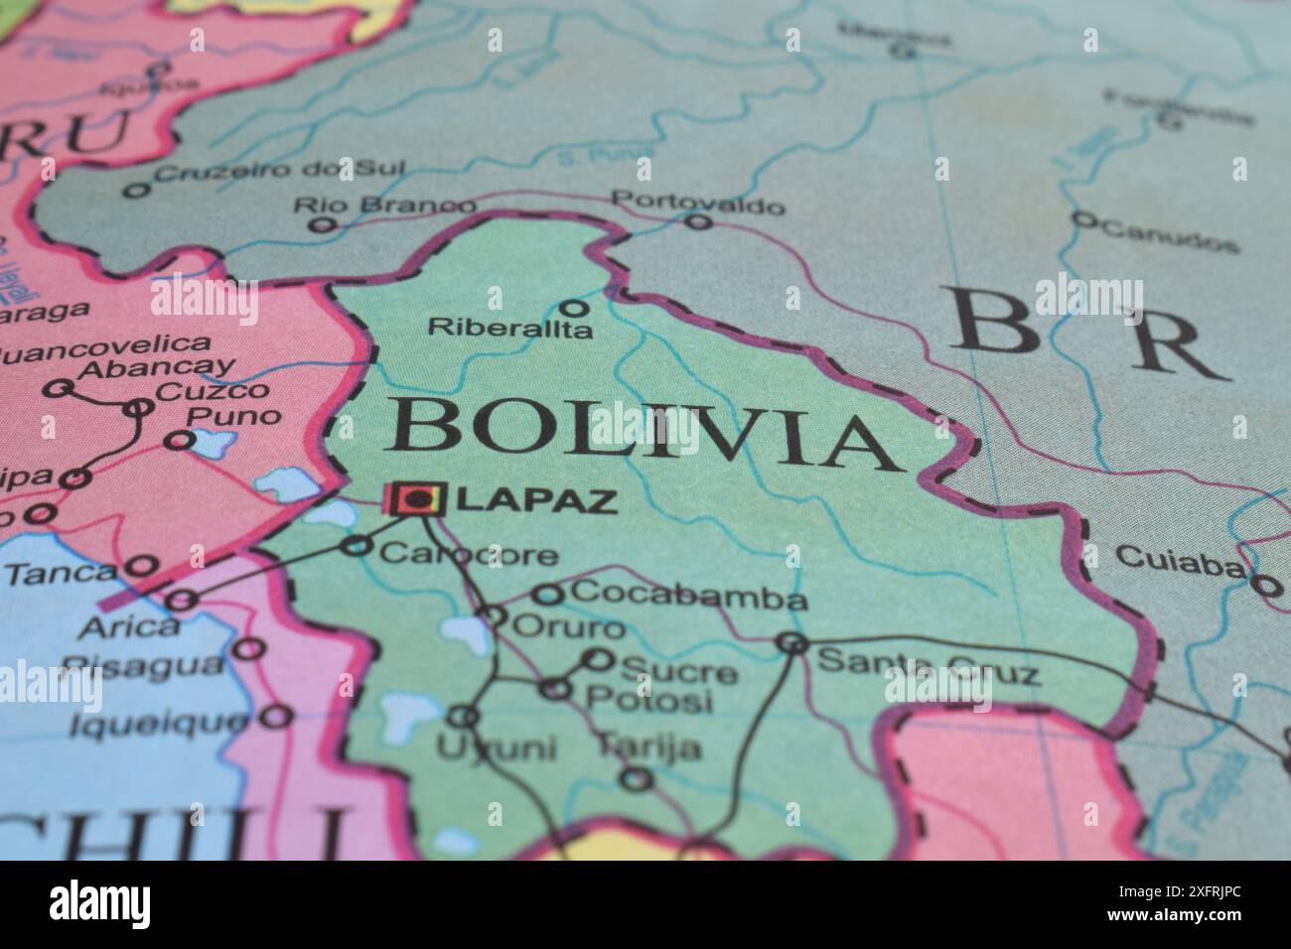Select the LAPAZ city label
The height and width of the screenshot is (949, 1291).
point(536,500)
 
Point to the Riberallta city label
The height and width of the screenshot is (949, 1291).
point(509,328)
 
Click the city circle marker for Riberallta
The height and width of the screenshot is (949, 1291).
point(573,308)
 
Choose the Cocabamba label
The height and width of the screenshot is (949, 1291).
point(690,598)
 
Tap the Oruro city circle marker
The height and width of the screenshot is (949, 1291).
point(494,615)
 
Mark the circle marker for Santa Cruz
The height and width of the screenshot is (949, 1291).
point(791,642)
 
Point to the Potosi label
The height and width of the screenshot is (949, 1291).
point(648,700)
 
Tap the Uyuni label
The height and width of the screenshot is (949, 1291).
point(496,747)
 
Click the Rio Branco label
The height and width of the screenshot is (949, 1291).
point(384,205)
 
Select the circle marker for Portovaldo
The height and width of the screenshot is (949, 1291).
point(700,221)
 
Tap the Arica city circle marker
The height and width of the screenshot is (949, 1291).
point(181,600)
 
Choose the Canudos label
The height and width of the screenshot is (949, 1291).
point(1170,236)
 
